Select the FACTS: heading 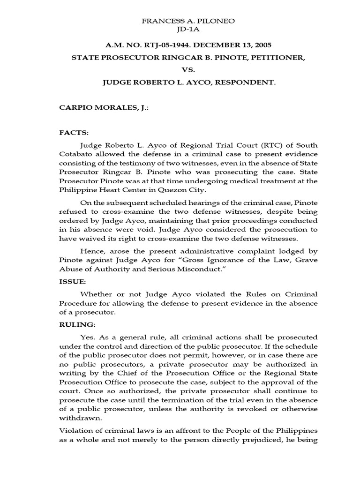click(x=73, y=133)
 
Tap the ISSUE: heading click(x=72, y=281)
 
